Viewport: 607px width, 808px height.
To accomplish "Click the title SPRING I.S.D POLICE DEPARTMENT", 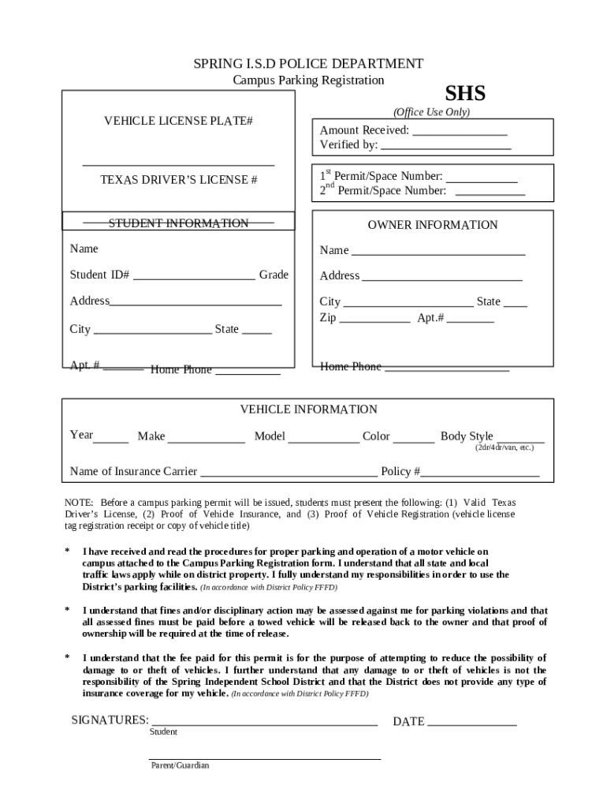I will (308, 64).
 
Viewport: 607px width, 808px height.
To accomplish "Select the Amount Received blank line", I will (459, 133).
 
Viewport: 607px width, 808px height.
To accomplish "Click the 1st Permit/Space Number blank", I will (482, 180).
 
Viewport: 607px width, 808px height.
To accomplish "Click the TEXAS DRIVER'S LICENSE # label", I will (178, 180).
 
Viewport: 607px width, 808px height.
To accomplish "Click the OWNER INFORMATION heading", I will (433, 225).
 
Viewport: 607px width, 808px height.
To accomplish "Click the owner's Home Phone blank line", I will (446, 369).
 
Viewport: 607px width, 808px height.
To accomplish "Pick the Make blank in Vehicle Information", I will (207, 440).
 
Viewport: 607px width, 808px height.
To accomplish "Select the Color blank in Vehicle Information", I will (413, 440).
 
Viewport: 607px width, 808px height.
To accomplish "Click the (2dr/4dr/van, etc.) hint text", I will (504, 447).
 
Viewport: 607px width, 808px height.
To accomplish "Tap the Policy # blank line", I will (480, 475).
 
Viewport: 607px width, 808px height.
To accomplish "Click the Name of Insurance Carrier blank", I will (289, 475).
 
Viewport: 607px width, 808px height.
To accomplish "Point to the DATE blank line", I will (472, 724).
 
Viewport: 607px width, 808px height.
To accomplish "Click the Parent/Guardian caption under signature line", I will (181, 765).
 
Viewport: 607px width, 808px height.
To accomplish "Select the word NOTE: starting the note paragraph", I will (79, 503).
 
